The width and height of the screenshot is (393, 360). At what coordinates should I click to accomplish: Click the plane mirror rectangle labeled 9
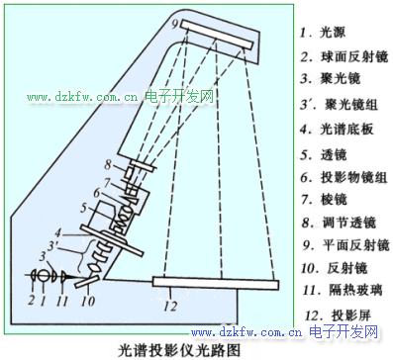pyautogui.click(x=217, y=34)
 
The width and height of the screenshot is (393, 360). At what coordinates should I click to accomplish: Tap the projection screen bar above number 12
pyautogui.click(x=216, y=284)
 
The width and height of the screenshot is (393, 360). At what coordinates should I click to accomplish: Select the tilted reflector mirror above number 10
pyautogui.click(x=87, y=282)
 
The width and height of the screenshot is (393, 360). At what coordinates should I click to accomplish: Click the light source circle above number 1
pyautogui.click(x=43, y=276)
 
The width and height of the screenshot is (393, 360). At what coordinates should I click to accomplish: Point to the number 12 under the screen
pyautogui.click(x=170, y=307)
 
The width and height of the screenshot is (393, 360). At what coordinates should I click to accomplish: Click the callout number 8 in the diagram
pyautogui.click(x=108, y=164)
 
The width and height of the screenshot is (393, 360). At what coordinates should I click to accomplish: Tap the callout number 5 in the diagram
pyautogui.click(x=83, y=208)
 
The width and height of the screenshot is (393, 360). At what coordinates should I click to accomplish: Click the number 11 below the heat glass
pyautogui.click(x=61, y=301)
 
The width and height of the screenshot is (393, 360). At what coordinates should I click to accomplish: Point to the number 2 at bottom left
pyautogui.click(x=31, y=300)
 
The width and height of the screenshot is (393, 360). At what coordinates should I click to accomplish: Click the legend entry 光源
pyautogui.click(x=333, y=33)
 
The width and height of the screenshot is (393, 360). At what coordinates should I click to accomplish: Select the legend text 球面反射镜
pyautogui.click(x=354, y=56)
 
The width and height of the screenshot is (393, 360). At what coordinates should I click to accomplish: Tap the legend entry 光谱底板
pyautogui.click(x=346, y=129)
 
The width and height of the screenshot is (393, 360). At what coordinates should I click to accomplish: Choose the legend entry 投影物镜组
pyautogui.click(x=353, y=177)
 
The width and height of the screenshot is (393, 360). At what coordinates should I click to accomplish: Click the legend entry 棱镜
pyautogui.click(x=334, y=199)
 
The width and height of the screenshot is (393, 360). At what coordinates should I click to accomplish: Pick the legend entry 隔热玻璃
pyautogui.click(x=355, y=290)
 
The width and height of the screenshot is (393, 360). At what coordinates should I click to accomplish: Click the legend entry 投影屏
pyautogui.click(x=351, y=315)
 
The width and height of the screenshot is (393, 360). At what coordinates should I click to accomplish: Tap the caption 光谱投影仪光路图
pyautogui.click(x=179, y=350)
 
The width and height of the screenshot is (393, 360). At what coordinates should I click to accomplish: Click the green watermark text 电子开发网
pyautogui.click(x=179, y=97)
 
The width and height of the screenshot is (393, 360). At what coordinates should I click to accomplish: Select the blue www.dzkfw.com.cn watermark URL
pyautogui.click(x=246, y=331)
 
